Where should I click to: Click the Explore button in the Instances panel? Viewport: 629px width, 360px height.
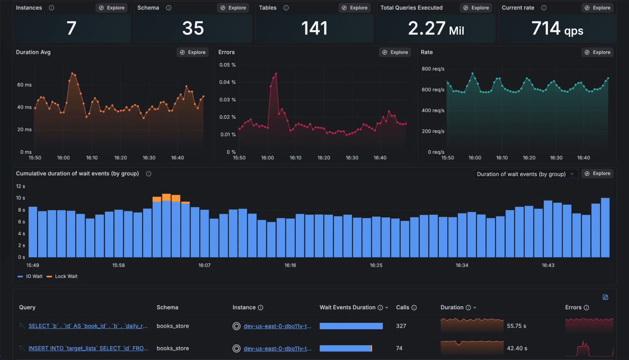coord(111,8)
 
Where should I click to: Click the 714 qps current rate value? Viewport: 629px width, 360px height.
coord(557,29)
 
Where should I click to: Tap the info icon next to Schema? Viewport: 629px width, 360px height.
coord(169,8)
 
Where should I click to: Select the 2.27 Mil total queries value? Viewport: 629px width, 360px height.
coord(436,29)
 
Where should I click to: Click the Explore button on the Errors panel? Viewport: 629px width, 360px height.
coord(395,52)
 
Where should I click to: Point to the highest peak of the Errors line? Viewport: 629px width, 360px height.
coord(276,74)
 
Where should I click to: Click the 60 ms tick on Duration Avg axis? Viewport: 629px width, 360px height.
coord(24,85)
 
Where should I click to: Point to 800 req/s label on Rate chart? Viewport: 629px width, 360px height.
coord(433,69)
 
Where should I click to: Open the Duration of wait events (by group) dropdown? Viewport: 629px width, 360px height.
coord(525,174)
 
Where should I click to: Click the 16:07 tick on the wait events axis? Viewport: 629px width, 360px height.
coord(204,265)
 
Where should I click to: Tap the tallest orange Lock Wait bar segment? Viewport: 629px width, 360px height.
coord(166,197)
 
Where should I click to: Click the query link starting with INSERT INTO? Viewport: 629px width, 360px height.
coord(88,348)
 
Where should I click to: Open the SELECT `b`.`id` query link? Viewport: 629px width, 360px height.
coord(88,326)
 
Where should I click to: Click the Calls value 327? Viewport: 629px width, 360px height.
coord(401,326)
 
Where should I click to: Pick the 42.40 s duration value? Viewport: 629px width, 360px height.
coord(517,348)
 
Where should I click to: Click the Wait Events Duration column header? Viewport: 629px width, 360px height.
coord(347,307)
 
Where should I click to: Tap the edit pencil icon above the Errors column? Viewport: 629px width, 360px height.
coord(605,297)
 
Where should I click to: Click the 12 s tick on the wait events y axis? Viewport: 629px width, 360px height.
coord(20,186)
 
